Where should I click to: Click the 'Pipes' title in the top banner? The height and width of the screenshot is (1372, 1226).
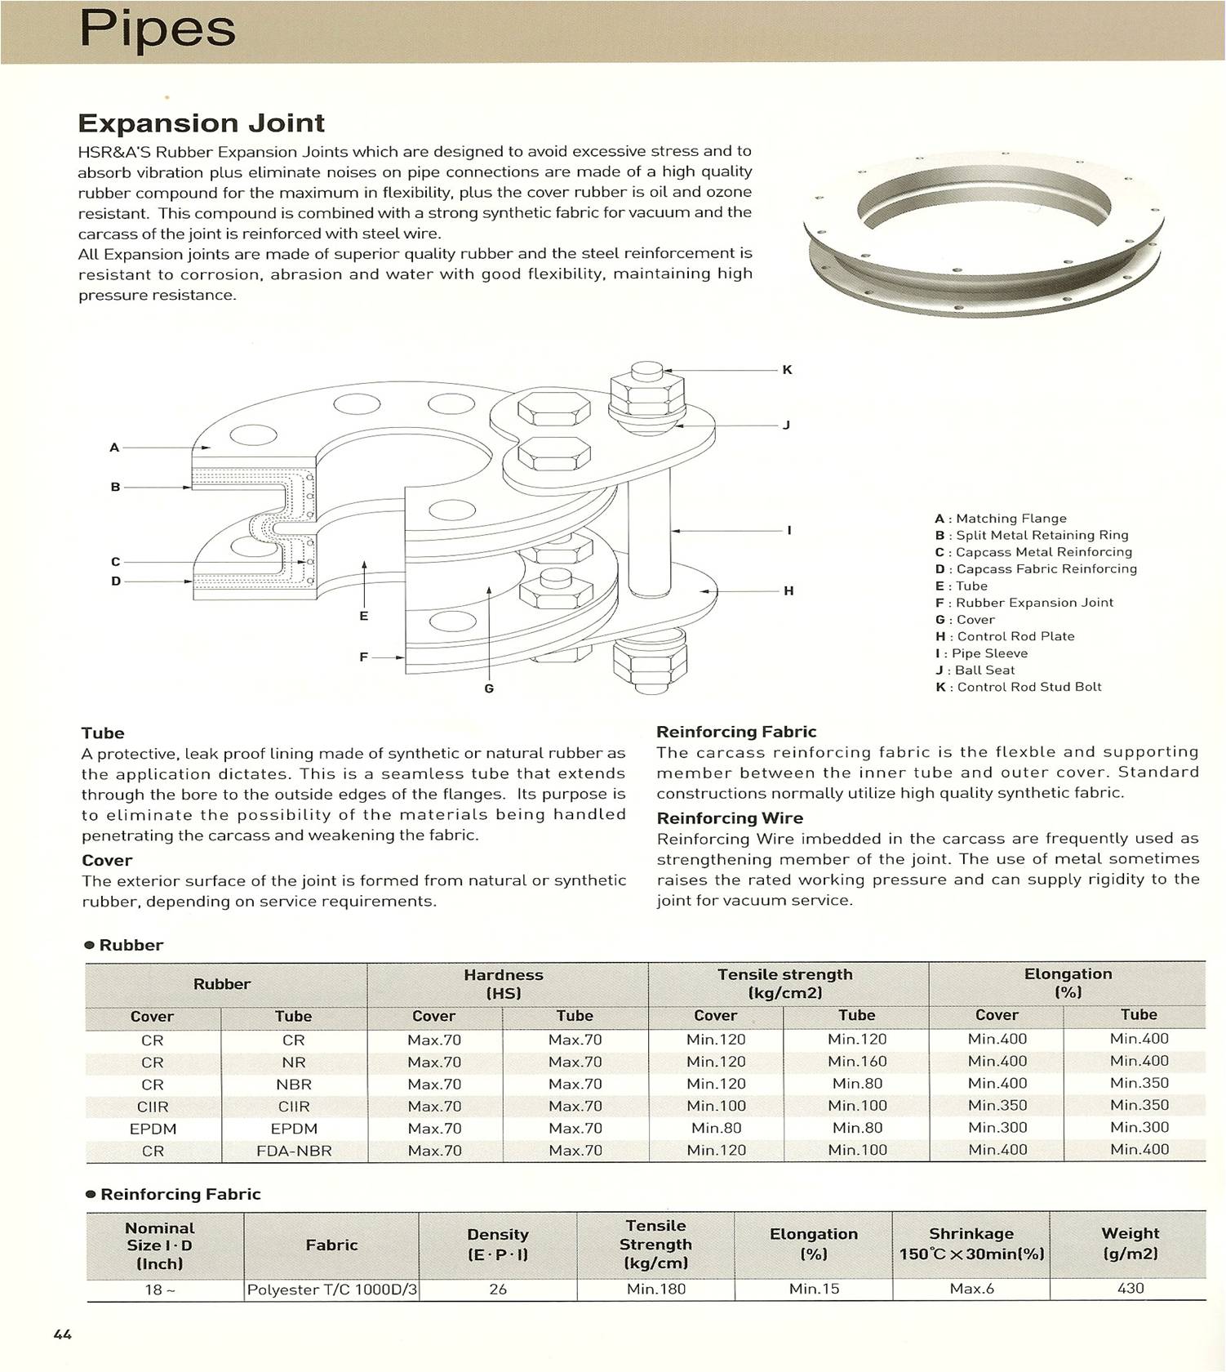point(157,29)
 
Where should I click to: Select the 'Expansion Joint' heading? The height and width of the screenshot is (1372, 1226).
point(201,123)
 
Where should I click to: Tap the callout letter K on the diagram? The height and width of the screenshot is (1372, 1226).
point(787,370)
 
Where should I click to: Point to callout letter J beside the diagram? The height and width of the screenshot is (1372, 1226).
point(786,425)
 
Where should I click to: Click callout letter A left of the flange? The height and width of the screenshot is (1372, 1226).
point(114,448)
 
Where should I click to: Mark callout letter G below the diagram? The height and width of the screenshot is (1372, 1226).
point(489,688)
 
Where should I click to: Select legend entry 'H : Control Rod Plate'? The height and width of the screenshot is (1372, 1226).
point(1005,636)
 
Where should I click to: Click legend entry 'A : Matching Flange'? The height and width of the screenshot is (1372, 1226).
point(1001,519)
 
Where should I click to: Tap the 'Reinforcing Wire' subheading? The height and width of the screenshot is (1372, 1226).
point(730,818)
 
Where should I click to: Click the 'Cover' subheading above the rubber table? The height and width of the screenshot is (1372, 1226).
point(107,861)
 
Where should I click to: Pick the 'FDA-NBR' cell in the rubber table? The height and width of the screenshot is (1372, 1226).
point(294,1151)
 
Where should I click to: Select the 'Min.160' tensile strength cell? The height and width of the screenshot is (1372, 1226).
point(857,1062)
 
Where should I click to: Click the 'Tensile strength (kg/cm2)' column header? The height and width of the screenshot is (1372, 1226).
point(785,983)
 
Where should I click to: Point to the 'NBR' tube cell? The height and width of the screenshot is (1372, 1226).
point(294,1085)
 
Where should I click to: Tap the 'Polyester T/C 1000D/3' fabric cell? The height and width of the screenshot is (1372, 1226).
point(332,1290)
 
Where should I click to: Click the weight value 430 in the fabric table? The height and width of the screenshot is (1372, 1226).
point(1130,1289)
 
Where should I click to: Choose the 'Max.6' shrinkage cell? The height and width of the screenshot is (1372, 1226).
point(971,1289)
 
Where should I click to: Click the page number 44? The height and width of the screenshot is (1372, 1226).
point(63,1334)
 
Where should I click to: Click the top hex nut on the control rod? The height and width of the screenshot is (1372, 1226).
point(647,395)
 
